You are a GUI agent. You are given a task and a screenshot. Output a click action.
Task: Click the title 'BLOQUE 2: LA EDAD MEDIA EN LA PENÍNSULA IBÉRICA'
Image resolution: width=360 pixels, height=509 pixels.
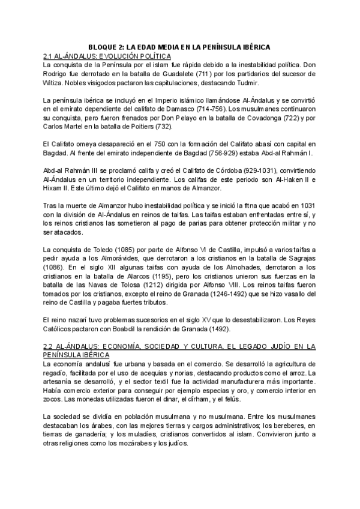(179, 47)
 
